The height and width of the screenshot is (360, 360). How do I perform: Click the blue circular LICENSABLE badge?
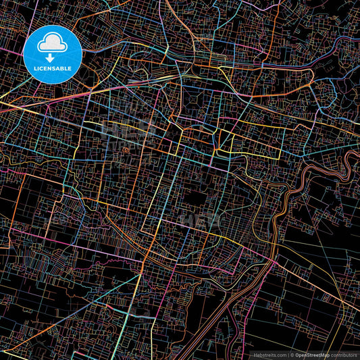click(x=53, y=54)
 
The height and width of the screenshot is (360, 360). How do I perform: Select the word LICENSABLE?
click(x=53, y=69)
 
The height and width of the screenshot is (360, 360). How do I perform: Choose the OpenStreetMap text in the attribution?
click(x=311, y=354)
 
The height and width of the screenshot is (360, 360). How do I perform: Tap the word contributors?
click(x=344, y=354)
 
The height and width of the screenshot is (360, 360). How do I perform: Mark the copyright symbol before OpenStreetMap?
click(x=291, y=354)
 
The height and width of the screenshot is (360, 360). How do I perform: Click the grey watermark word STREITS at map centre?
click(x=203, y=221)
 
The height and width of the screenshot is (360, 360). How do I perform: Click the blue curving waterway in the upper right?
click(x=324, y=68)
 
